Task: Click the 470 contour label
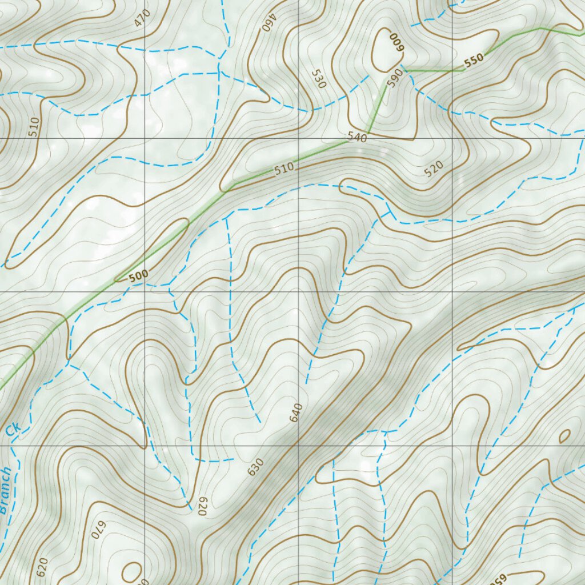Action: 142,19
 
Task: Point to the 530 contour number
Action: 319,79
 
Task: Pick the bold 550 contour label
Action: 474,60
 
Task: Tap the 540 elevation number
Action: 356,137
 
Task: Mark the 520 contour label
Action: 434,169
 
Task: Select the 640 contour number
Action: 296,412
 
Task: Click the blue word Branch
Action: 5,490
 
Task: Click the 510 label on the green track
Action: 284,168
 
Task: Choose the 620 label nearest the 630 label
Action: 201,506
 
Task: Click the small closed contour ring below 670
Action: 131,572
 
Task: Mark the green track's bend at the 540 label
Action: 368,133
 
